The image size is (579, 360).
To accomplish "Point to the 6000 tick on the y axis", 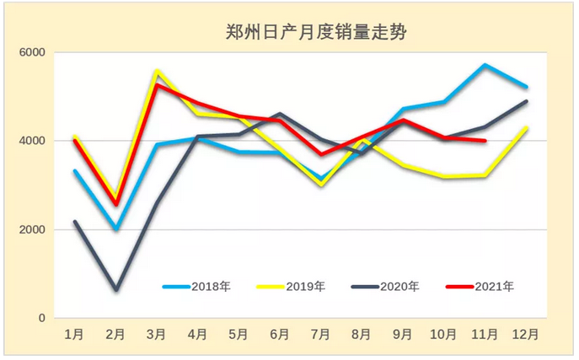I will coord(33,52).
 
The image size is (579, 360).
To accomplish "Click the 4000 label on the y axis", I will coord(33,141).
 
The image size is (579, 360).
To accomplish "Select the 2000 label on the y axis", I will coord(33,229).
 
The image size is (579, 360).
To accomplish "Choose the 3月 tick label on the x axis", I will coord(158,335).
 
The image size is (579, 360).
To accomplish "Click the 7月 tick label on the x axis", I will coord(320,335).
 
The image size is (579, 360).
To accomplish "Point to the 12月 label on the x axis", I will coord(526,335).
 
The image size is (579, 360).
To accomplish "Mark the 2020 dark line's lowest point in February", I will coord(116,290).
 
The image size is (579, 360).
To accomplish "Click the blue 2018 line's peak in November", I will coord(485,65).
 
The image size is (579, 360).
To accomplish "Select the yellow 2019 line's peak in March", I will coord(158,71).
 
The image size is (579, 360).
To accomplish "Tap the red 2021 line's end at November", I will coord(485,141).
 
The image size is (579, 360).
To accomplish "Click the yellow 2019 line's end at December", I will coord(527,128).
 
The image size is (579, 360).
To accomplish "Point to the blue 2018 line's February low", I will coord(116,228).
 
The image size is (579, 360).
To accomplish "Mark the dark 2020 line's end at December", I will coord(527,101).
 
